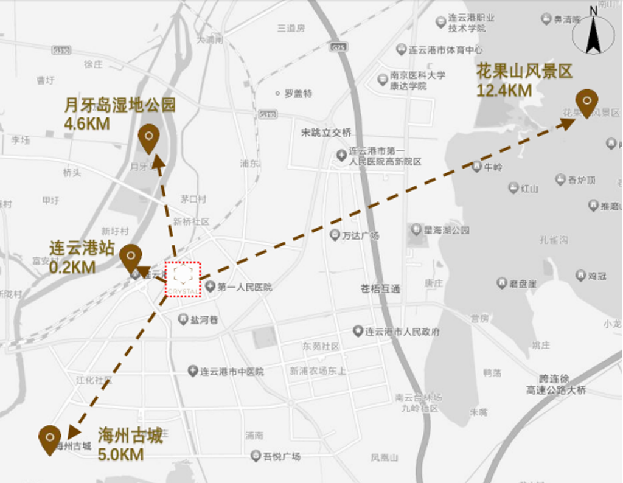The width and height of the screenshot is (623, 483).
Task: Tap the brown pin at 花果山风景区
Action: coord(586,102)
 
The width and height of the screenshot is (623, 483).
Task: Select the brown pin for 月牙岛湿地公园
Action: coord(148,137)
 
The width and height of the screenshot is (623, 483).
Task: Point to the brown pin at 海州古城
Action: coord(49,439)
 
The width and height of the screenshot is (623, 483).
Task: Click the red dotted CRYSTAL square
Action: coord(183,280)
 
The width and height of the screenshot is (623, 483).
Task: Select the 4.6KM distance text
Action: coord(86,123)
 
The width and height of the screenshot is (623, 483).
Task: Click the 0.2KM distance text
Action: coord(72,267)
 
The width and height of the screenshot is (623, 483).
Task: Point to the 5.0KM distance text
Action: coord(120,454)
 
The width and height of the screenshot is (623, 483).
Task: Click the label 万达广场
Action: coord(361,235)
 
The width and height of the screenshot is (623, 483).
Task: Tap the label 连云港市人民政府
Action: coord(402,332)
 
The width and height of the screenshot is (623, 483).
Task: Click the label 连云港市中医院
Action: coord(232,371)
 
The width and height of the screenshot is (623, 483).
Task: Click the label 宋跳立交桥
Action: coord(326,133)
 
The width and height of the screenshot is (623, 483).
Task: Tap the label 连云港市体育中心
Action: coord(445,50)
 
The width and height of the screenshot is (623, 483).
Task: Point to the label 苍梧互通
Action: coord(381,289)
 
